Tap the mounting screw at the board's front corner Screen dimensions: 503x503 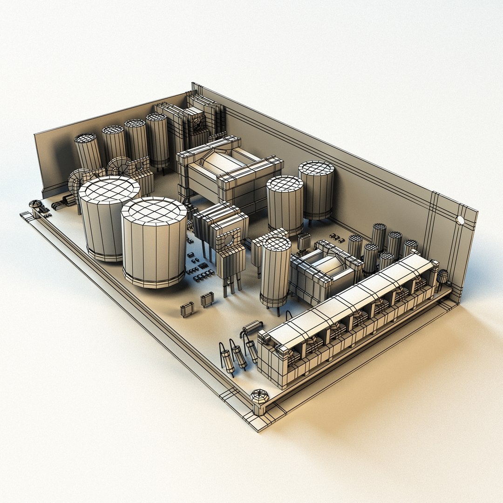coord(259,396)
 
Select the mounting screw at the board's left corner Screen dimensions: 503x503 coord(35,204)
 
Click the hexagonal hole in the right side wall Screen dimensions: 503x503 coord(461,220)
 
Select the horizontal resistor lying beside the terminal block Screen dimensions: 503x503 coord(252,326)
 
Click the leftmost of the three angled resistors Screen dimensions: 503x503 coord(227,359)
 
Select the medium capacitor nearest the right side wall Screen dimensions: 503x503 coord(316,189)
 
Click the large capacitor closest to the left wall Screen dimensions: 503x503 coord(109,217)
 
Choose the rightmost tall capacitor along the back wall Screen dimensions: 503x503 coord(157,140)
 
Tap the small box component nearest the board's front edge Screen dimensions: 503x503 coord(187,309)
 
